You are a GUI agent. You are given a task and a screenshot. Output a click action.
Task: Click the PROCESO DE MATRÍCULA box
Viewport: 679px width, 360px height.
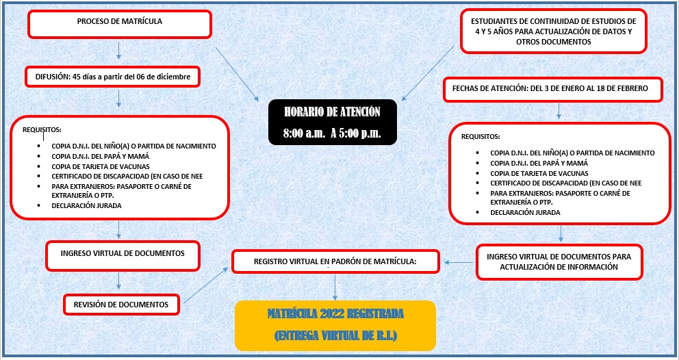pyautogui.click(x=119, y=23)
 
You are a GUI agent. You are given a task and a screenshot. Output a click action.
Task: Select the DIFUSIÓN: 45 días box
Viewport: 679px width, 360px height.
pyautogui.click(x=113, y=77)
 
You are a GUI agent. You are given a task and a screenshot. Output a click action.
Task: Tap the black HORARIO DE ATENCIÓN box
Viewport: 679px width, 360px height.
pyautogui.click(x=333, y=122)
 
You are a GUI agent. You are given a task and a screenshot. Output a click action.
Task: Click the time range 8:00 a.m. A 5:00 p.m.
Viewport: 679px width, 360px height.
pyautogui.click(x=333, y=133)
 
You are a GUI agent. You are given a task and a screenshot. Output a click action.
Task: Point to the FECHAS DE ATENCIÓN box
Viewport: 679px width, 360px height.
pyautogui.click(x=554, y=89)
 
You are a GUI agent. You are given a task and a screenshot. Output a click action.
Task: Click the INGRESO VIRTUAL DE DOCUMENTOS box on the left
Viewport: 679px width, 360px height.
pyautogui.click(x=123, y=254)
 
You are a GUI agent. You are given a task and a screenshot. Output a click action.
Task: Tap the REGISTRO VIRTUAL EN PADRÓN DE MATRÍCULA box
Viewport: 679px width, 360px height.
pyautogui.click(x=335, y=261)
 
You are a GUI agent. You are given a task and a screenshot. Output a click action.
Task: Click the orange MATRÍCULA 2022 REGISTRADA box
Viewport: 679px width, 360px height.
pyautogui.click(x=335, y=325)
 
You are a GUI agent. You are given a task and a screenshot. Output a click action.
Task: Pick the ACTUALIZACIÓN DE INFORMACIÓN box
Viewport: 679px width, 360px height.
pyautogui.click(x=560, y=262)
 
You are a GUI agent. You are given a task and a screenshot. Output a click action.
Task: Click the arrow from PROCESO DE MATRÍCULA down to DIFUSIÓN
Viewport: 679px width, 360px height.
pyautogui.click(x=119, y=51)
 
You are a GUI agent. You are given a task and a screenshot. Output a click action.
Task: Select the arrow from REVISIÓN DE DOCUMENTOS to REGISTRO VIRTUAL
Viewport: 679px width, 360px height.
pyautogui.click(x=206, y=285)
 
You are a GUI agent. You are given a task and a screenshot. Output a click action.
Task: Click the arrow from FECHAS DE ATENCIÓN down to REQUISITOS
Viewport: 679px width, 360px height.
pyautogui.click(x=559, y=110)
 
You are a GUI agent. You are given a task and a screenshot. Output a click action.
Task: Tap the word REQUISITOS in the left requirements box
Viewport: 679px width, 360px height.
pyautogui.click(x=42, y=129)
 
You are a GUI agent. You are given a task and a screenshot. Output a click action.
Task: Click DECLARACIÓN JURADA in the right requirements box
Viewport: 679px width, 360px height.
pyautogui.click(x=525, y=212)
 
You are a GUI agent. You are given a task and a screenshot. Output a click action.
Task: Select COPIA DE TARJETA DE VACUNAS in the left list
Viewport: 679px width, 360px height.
pyautogui.click(x=100, y=166)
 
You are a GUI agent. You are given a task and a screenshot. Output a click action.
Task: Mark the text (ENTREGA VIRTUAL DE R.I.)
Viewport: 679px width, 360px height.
pyautogui.click(x=335, y=336)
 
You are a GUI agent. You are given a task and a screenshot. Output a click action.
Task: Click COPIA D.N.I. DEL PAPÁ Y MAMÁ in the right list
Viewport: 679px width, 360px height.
pyautogui.click(x=539, y=164)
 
